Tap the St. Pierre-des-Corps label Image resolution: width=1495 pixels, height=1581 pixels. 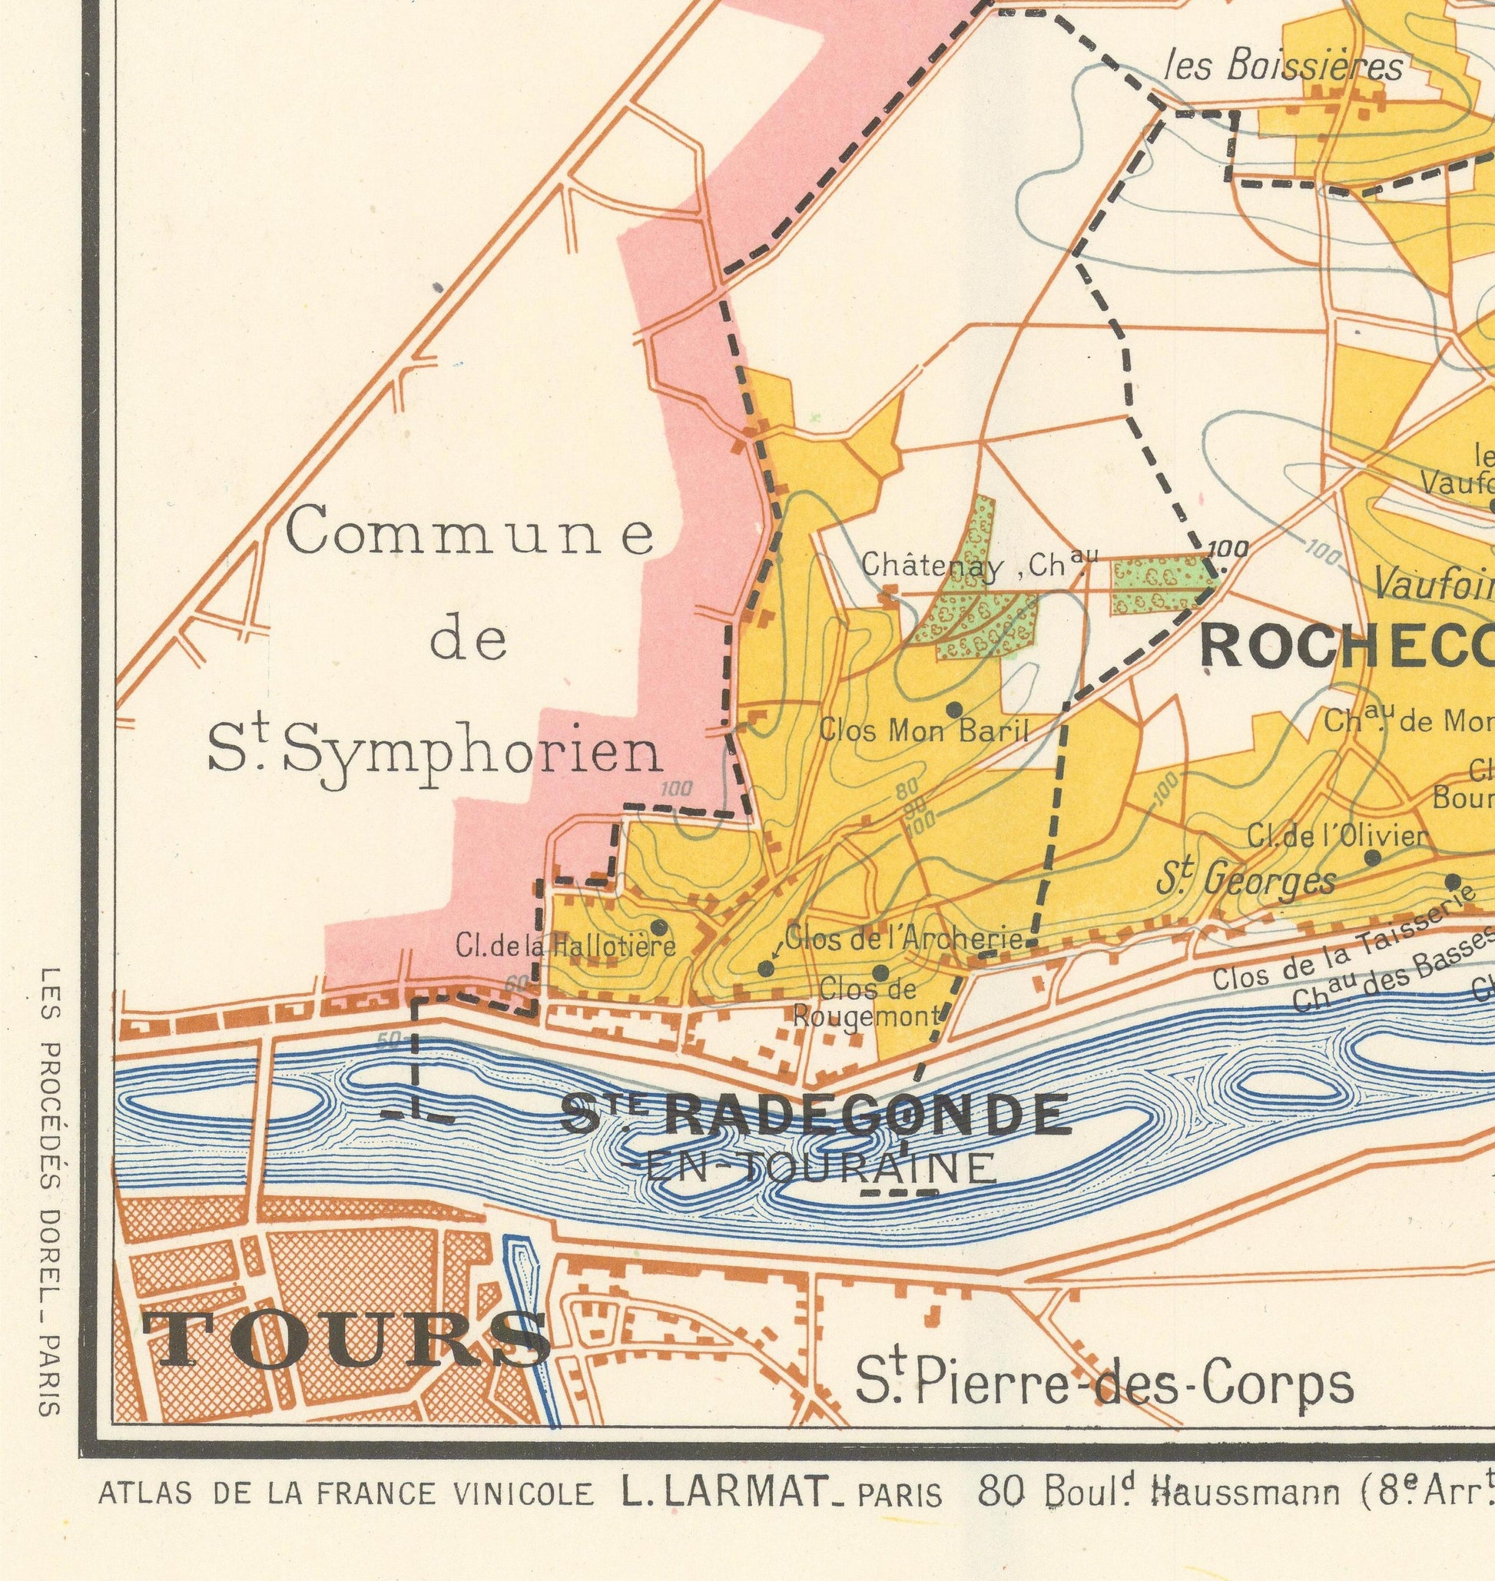[1104, 1387]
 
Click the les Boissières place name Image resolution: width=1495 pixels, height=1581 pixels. [1285, 66]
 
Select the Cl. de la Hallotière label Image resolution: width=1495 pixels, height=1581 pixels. [565, 946]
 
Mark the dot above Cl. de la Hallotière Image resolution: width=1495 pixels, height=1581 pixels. [658, 926]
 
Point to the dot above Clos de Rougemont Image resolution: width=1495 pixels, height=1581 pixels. [880, 973]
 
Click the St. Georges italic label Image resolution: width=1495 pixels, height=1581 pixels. [1246, 880]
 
